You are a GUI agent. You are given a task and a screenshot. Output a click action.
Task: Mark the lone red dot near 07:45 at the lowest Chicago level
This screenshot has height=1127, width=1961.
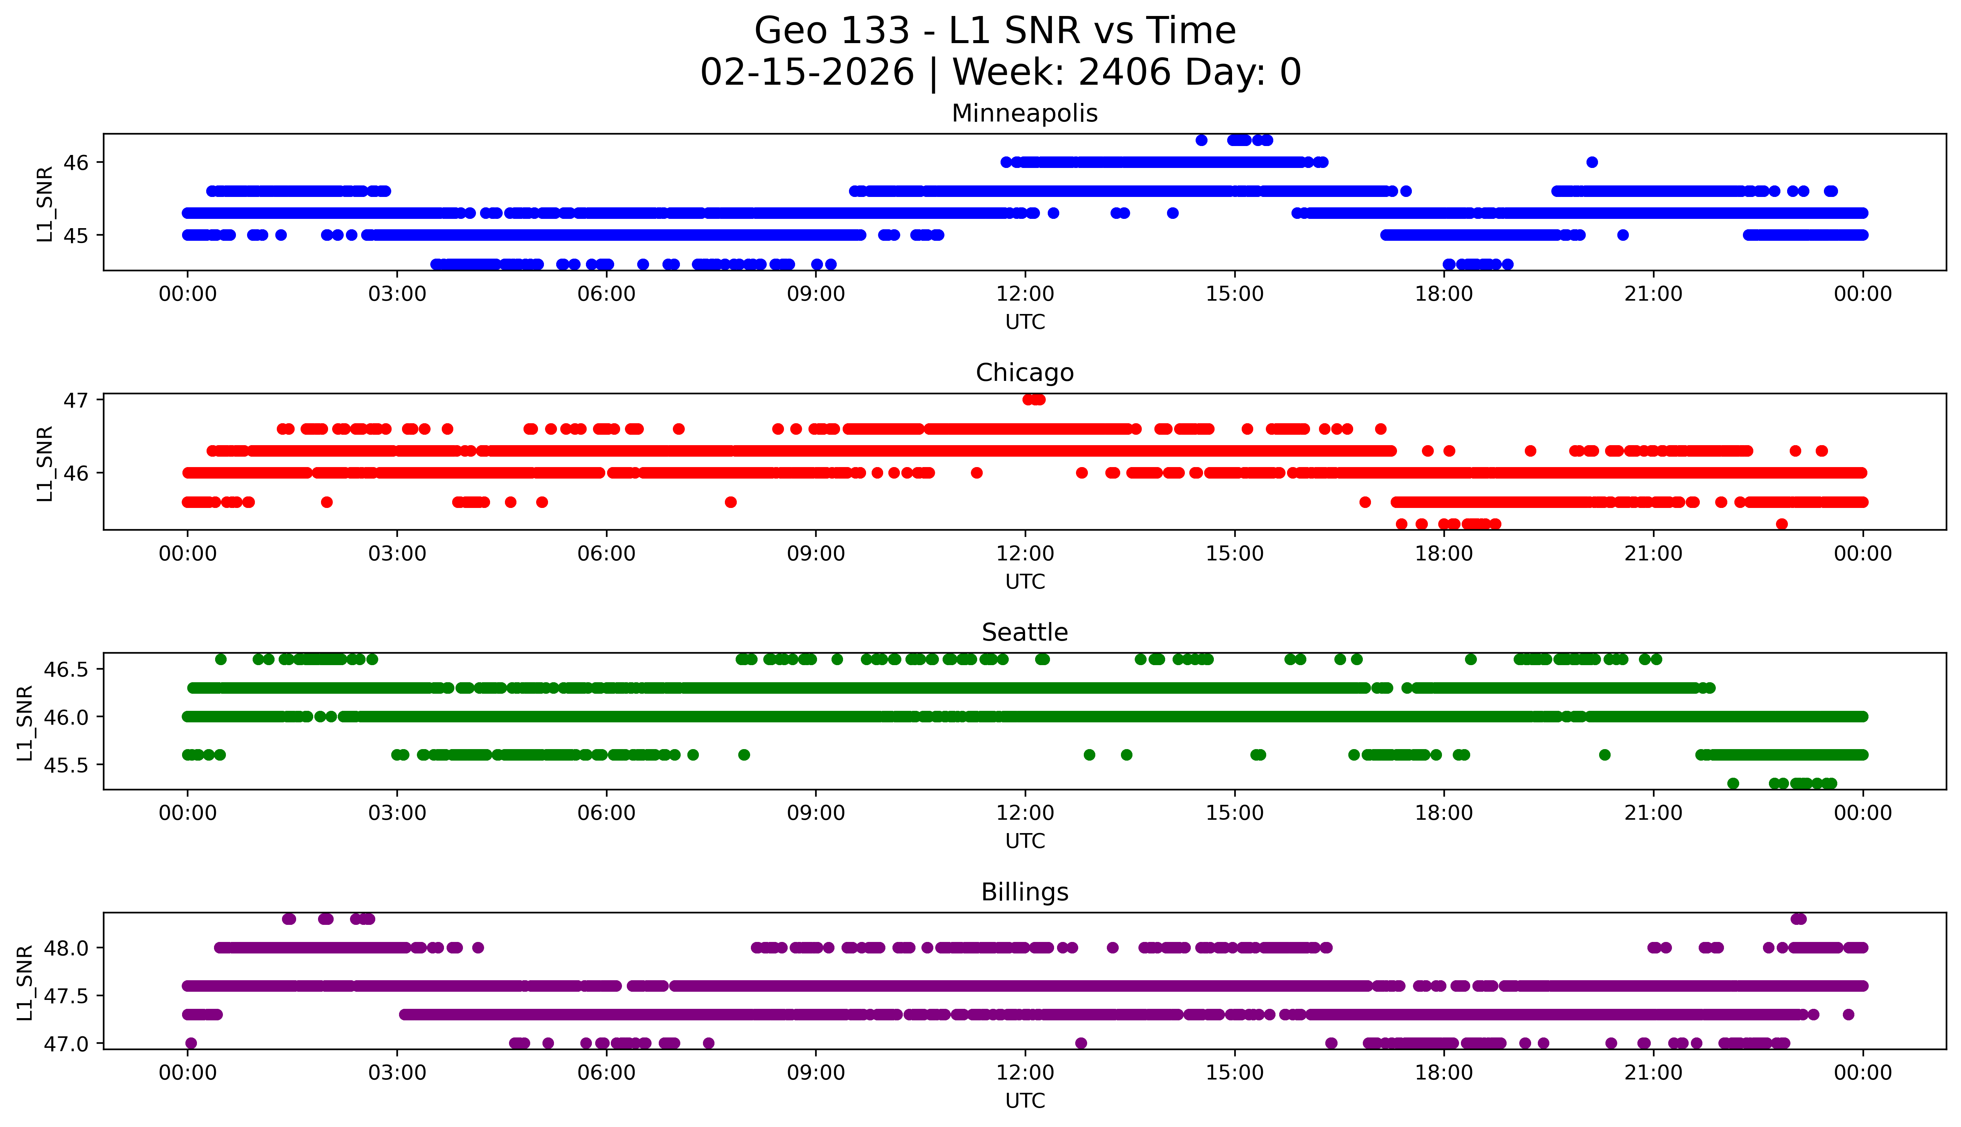(730, 502)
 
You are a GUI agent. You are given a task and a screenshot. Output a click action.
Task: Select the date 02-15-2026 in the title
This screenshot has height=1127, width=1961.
(807, 73)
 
